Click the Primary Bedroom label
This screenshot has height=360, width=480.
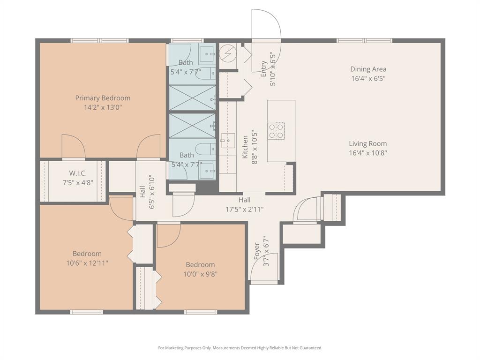click(x=103, y=98)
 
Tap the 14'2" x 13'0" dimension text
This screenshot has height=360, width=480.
click(x=103, y=107)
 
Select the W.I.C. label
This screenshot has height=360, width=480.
click(x=78, y=173)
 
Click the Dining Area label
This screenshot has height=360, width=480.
click(x=368, y=69)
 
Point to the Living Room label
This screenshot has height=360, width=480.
click(x=368, y=143)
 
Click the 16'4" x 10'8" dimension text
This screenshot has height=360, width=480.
click(x=368, y=153)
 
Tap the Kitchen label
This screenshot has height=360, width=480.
click(x=245, y=147)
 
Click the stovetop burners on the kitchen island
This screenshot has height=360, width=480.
click(x=277, y=131)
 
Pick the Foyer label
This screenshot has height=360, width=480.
click(x=257, y=251)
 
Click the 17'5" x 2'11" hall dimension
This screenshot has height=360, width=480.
click(x=245, y=210)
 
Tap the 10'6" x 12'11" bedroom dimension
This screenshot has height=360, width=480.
click(x=87, y=263)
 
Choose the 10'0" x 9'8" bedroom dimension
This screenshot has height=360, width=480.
click(x=201, y=274)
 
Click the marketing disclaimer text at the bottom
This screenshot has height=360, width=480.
click(x=240, y=348)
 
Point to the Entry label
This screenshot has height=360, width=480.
click(x=263, y=69)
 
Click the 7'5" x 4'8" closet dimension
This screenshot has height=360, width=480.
click(x=78, y=183)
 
